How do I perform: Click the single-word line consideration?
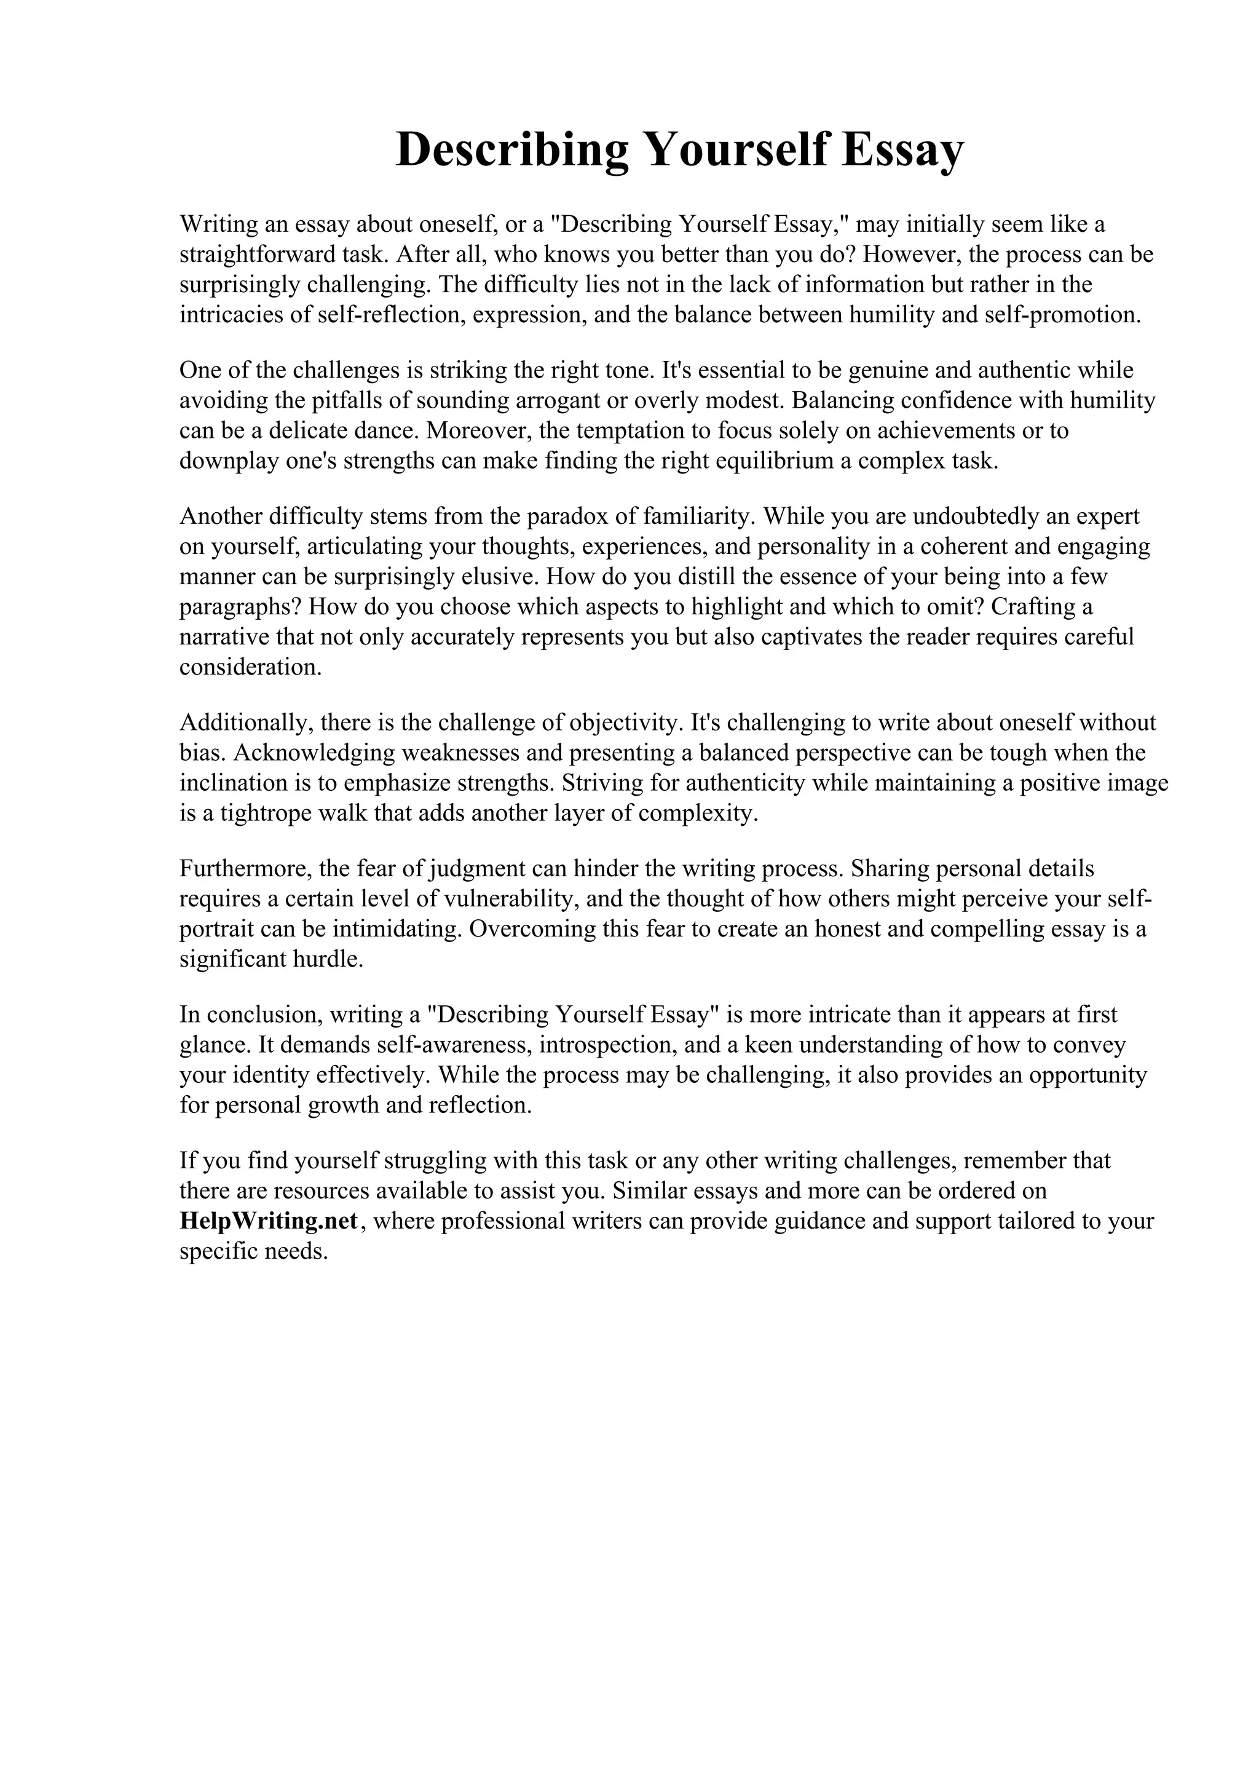tap(250, 667)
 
